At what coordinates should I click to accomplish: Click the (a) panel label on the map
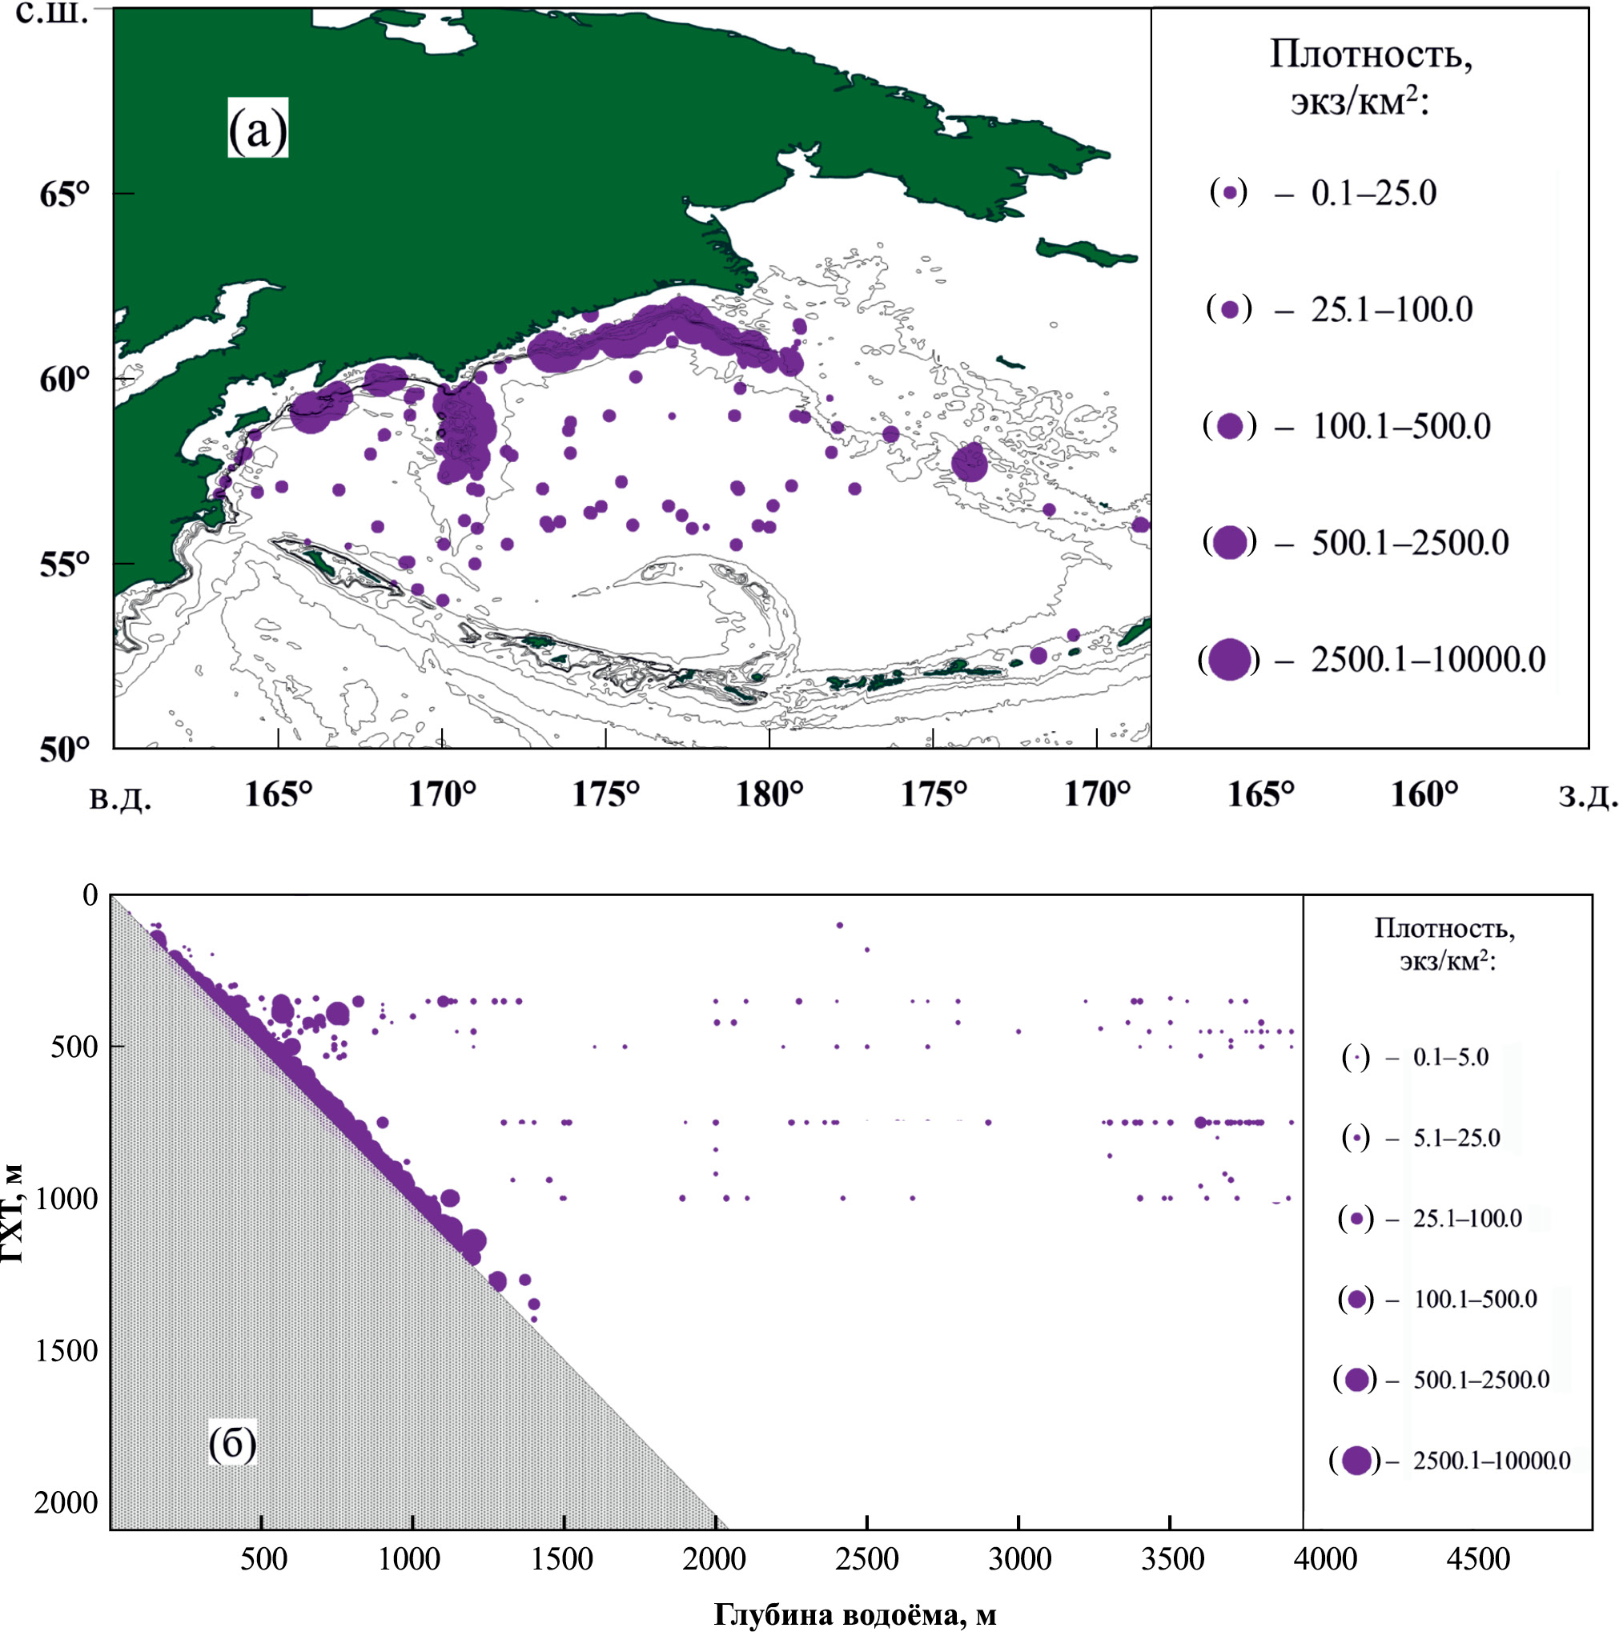pos(258,128)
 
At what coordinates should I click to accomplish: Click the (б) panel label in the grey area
pos(231,1444)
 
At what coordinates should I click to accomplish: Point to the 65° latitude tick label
pos(63,194)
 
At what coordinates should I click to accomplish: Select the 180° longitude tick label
pos(769,795)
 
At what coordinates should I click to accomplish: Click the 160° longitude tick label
pos(1424,795)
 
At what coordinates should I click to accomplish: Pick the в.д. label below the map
pos(121,798)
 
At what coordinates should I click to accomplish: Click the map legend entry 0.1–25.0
pos(1373,194)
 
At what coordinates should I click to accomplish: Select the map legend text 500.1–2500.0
pos(1409,543)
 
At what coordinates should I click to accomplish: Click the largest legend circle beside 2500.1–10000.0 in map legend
pos(1229,660)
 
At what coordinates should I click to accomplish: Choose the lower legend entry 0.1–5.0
pos(1451,1058)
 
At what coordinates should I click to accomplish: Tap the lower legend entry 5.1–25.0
pos(1456,1139)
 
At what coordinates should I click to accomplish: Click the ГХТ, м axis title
pos(12,1213)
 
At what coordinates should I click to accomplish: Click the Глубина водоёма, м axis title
pos(854,1615)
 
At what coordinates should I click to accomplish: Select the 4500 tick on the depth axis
pos(1477,1558)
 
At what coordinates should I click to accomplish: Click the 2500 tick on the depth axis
pos(868,1558)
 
